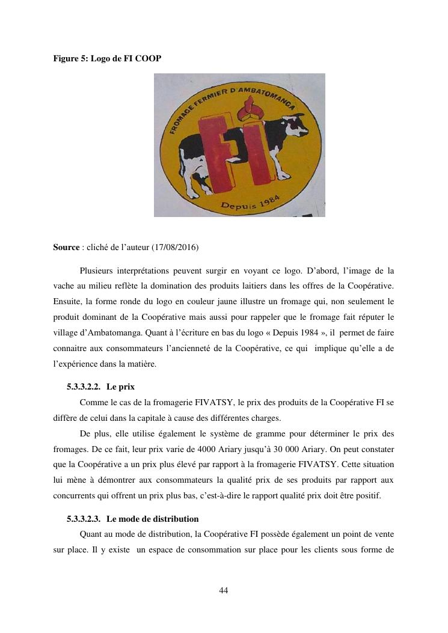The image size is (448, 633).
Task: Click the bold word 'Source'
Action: tap(66, 247)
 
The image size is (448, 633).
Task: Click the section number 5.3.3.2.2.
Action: tap(84, 387)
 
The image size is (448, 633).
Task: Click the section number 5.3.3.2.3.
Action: tap(84, 518)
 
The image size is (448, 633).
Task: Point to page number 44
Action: tap(224, 590)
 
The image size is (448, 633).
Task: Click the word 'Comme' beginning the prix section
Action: tap(93, 402)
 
